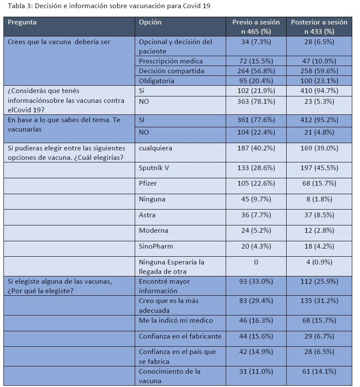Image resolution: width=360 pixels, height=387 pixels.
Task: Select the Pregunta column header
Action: [22, 22]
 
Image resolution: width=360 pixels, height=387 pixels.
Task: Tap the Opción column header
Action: [150, 22]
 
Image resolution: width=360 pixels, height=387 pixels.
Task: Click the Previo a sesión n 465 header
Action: [256, 27]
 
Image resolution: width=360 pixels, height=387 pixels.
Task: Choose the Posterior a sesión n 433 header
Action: [319, 27]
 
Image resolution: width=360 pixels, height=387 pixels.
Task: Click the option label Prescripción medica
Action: [171, 61]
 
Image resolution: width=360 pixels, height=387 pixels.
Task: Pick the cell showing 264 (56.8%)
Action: [256, 71]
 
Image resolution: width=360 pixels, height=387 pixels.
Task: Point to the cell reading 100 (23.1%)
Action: [319, 81]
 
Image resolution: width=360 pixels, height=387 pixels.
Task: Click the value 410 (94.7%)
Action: [319, 90]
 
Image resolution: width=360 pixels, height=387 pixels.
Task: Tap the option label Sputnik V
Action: [154, 168]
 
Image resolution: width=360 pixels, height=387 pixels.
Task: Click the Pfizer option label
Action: [148, 183]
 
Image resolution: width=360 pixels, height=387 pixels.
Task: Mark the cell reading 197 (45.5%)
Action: [319, 168]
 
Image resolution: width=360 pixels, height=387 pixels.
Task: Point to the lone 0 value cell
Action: [256, 262]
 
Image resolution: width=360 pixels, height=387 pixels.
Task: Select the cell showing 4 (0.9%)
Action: [319, 262]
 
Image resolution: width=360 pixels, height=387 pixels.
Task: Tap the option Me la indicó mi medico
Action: [176, 320]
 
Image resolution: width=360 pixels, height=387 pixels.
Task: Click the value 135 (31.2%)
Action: [319, 300]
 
